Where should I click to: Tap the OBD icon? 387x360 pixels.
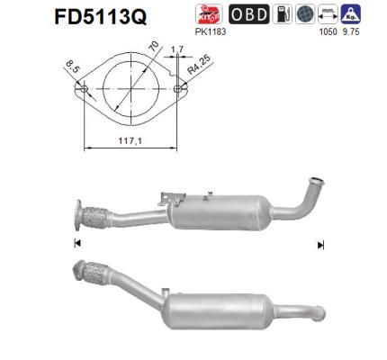[247, 14]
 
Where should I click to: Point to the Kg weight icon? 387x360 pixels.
[352, 14]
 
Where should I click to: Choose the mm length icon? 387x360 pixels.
[327, 14]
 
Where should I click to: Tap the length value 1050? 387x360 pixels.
[327, 31]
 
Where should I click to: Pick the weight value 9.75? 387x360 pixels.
[351, 31]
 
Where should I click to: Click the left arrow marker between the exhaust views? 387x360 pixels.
[76, 244]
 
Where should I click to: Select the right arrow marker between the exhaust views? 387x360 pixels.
[320, 244]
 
